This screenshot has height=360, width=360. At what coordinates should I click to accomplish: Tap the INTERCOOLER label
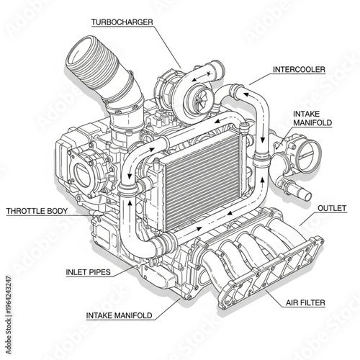(x=299, y=71)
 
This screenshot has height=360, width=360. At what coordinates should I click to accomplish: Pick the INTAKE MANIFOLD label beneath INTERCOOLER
(x=312, y=119)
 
